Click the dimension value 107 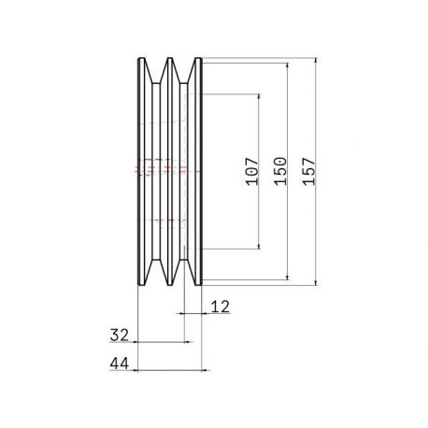coord(252,171)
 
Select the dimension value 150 coord(280,171)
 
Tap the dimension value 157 coord(309,172)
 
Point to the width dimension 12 coord(221,307)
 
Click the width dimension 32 coord(120,335)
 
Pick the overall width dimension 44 coord(120,364)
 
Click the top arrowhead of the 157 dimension coord(316,61)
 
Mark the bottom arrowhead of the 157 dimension coord(316,282)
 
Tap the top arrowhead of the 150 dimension coord(288,65)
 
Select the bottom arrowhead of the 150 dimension coord(288,277)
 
